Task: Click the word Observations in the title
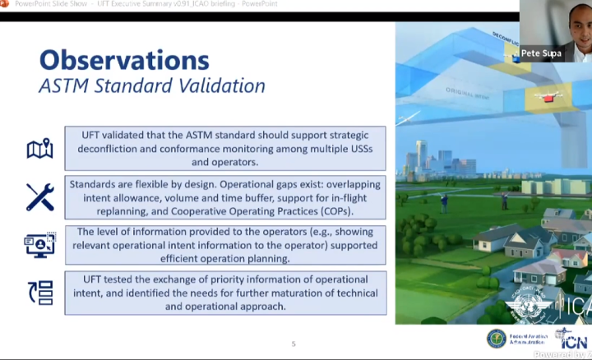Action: (x=124, y=59)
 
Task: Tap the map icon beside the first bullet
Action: (x=39, y=149)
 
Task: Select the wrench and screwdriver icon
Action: (x=39, y=197)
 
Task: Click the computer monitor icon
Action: (x=39, y=245)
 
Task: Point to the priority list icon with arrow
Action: (x=39, y=293)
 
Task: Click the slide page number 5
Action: (x=294, y=344)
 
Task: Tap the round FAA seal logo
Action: (x=497, y=338)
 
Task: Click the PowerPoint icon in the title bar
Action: (x=7, y=5)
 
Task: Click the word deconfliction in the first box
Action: (x=113, y=149)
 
